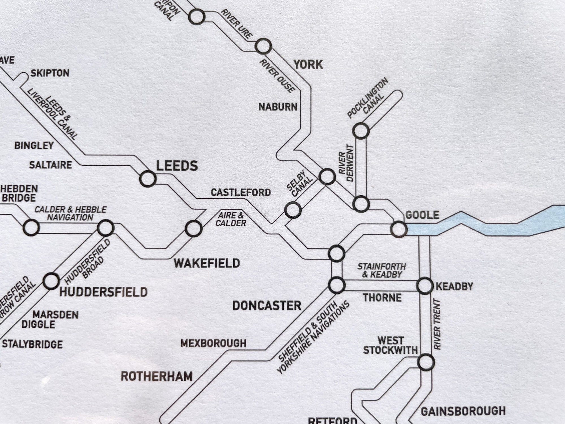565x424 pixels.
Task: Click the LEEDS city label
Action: click(x=177, y=166)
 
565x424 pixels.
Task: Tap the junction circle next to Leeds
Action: click(x=148, y=179)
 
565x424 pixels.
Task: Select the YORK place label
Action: click(x=308, y=65)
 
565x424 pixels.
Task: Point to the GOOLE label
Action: click(x=422, y=215)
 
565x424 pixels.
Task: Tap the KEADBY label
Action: click(x=454, y=287)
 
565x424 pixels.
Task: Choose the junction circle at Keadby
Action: click(x=425, y=286)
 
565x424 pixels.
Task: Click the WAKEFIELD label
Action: click(x=207, y=263)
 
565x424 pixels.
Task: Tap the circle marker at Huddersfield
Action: click(x=51, y=281)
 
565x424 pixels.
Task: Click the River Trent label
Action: click(x=437, y=324)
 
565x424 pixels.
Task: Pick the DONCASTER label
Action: click(x=266, y=306)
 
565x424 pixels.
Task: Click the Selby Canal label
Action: click(x=299, y=183)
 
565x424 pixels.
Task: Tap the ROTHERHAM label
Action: click(x=157, y=377)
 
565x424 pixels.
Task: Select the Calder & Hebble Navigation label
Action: click(x=70, y=213)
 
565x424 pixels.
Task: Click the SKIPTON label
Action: click(x=50, y=73)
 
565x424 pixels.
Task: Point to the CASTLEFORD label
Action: click(x=241, y=193)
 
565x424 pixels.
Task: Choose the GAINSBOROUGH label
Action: click(x=463, y=411)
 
